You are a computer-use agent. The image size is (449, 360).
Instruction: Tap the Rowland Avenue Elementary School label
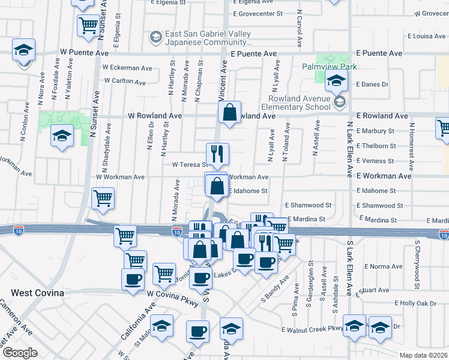coord(300,103)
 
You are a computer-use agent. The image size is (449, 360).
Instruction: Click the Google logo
coord(20,353)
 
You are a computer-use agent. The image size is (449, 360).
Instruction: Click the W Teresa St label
coord(189,164)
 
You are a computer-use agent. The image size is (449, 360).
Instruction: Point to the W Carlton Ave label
coord(125,81)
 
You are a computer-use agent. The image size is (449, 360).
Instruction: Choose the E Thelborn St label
coord(376,146)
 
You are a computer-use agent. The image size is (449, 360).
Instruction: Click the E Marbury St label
coord(375,131)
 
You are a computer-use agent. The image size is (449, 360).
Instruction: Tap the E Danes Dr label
coord(373,85)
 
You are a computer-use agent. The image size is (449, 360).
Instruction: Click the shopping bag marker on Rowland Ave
coord(229,112)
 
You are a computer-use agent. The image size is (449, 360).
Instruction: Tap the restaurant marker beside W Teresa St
coord(217,154)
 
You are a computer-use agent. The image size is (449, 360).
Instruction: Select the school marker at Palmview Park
coord(337,80)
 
